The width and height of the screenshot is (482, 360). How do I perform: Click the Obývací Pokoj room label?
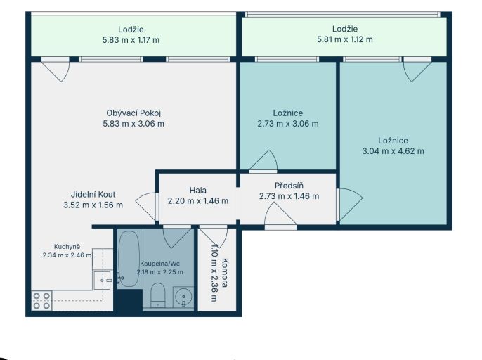point(133,113)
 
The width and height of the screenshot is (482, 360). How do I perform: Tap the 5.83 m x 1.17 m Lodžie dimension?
point(131,40)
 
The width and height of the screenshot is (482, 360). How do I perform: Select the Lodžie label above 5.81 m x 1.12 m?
point(345,29)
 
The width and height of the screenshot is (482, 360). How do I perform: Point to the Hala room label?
point(198,191)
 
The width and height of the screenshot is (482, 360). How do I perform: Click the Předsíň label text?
point(289,186)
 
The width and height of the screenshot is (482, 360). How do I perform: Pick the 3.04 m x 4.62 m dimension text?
point(393,151)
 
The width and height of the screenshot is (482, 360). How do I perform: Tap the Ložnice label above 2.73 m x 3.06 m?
point(288,113)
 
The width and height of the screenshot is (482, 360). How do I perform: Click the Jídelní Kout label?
point(93,195)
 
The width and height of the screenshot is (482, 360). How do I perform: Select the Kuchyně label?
point(67,247)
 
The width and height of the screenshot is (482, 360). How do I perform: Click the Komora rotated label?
point(225,273)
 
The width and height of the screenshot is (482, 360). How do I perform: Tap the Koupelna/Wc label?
point(160,264)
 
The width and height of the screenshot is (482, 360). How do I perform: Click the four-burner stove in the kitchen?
point(42,301)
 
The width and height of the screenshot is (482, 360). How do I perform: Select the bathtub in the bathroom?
point(129,259)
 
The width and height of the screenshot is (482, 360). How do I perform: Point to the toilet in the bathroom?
point(158,295)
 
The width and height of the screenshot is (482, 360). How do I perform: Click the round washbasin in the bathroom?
point(183,297)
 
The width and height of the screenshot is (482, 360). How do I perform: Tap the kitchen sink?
point(102,281)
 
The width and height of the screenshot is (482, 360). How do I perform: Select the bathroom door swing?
point(177,238)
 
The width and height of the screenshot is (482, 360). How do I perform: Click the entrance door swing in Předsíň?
point(280,216)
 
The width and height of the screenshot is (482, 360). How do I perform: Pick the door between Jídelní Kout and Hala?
point(146,206)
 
